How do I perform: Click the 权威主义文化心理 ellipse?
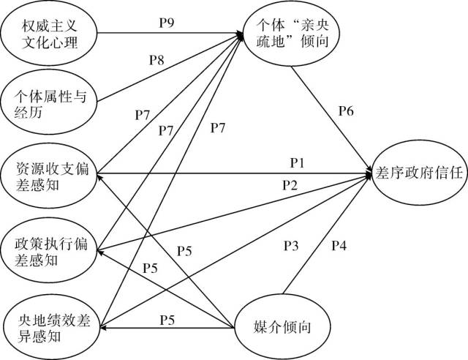tap(49, 35)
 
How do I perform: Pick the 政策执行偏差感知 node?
tap(49, 249)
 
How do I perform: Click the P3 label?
tap(291, 246)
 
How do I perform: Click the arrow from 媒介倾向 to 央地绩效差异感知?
tap(169, 326)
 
